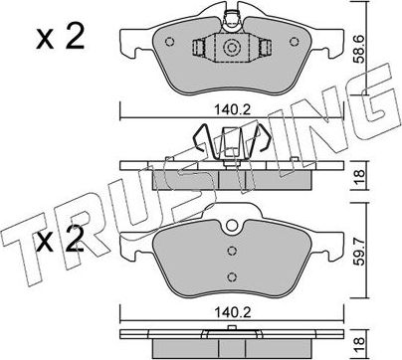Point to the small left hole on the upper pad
point(170,44)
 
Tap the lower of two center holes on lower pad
point(231,277)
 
